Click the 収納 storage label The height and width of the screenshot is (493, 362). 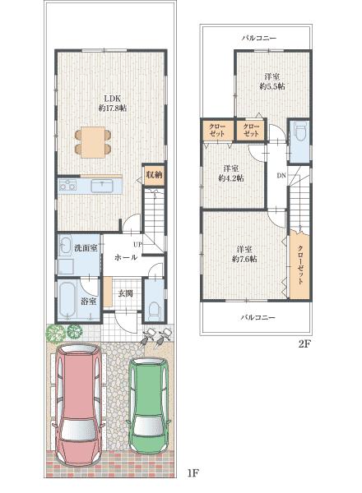pos(154,174)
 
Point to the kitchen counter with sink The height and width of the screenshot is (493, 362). pos(90,188)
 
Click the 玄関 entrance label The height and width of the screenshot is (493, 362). pos(125,293)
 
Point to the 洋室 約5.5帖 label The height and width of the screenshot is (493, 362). pos(272,80)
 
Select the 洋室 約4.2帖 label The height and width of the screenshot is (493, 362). pos(230,174)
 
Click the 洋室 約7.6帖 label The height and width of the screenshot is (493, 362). pos(244,252)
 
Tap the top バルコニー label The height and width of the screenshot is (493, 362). pos(258,38)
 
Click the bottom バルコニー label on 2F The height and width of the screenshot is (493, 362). pos(258,316)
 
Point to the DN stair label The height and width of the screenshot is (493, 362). pos(281,177)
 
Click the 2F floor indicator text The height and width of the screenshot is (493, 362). pos(304,345)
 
